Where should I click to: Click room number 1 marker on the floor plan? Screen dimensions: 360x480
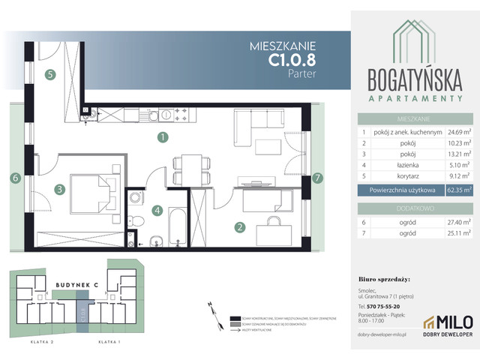161,137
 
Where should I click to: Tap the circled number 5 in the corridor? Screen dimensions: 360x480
49,74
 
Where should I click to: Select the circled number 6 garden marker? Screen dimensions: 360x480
14,178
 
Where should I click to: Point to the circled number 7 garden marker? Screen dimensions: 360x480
317,178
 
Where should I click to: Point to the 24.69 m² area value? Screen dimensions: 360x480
457,132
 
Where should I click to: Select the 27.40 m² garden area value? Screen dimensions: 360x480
457,221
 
